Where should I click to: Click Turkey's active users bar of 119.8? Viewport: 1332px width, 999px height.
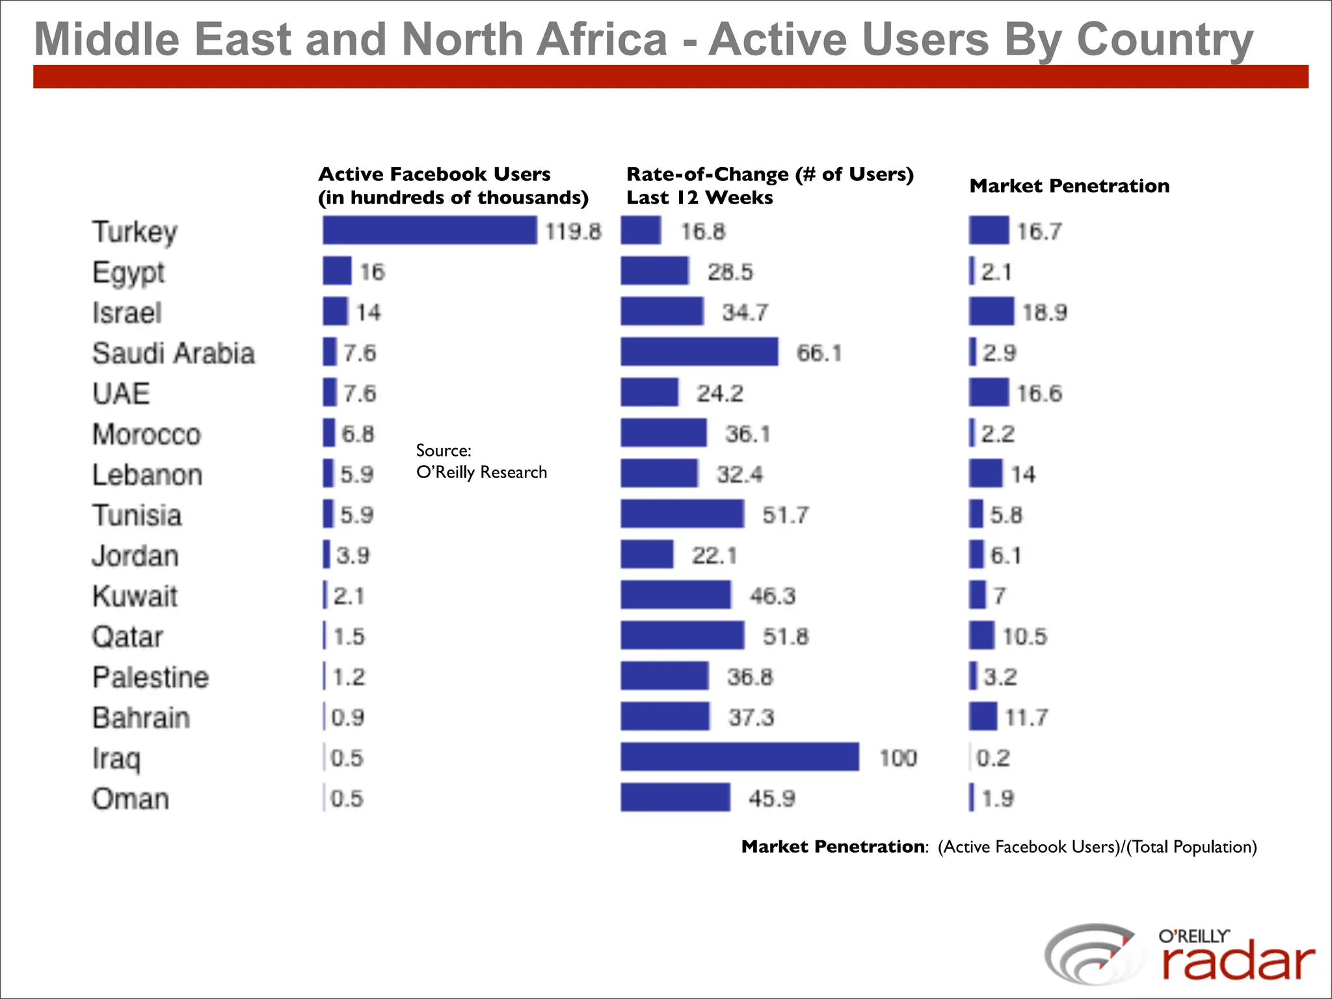[x=429, y=231]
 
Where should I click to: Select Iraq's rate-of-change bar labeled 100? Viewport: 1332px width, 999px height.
[x=739, y=757]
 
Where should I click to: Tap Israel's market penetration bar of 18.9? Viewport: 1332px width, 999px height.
[x=991, y=312]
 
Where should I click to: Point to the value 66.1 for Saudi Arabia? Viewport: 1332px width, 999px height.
[x=819, y=353]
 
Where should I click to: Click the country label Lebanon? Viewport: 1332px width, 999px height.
[x=147, y=475]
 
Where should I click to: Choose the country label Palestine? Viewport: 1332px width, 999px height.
[x=150, y=677]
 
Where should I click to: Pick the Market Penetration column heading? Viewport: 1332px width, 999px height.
[x=1069, y=186]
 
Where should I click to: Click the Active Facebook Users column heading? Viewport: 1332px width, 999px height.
[x=453, y=185]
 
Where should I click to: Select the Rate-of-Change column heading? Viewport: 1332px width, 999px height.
[x=769, y=185]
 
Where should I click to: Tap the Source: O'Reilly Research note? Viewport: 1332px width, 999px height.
[x=481, y=461]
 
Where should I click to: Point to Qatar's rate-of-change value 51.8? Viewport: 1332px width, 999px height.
[x=785, y=636]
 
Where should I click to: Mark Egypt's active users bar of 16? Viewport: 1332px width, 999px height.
[x=337, y=271]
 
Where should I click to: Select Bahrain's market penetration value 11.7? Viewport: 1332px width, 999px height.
[x=1026, y=717]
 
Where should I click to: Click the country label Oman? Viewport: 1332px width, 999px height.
[x=130, y=799]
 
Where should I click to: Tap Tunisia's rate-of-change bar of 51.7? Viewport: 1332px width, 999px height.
[x=682, y=514]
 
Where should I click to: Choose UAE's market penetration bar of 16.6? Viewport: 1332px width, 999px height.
[x=989, y=393]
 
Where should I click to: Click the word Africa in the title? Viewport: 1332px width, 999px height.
[x=599, y=39]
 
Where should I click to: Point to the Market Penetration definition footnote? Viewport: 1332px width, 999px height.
[x=998, y=847]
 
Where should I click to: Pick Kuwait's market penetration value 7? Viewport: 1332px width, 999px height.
[x=999, y=596]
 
